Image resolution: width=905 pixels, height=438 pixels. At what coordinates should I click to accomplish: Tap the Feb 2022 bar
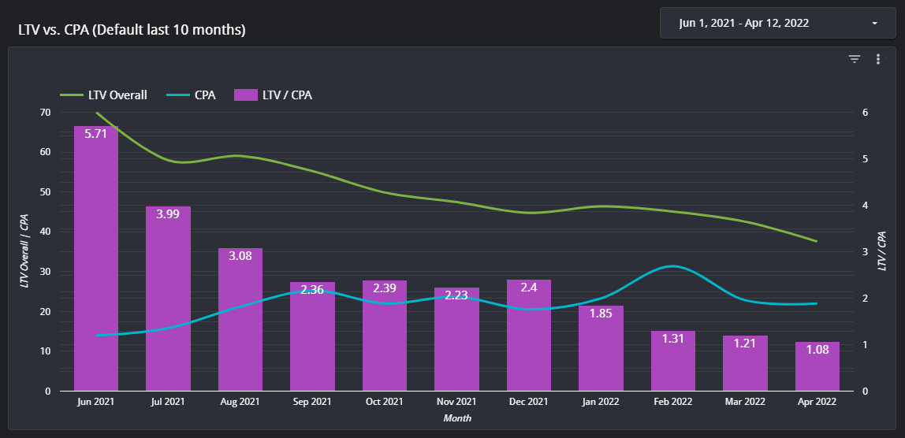(672, 362)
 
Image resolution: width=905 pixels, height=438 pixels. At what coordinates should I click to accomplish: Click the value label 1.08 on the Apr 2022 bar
(817, 349)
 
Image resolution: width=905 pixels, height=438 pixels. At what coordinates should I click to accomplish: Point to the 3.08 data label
(240, 255)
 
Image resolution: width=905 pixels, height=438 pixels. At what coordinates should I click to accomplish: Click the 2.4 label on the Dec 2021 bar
(528, 288)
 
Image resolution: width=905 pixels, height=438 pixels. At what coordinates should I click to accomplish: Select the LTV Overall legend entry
(104, 95)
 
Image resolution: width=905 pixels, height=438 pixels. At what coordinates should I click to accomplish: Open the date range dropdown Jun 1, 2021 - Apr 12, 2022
(777, 24)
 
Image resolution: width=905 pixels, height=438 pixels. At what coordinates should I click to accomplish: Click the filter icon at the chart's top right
(854, 59)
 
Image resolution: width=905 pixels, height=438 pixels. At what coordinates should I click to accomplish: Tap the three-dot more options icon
(877, 59)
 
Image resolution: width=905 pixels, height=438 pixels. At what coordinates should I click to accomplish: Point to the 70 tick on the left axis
(44, 113)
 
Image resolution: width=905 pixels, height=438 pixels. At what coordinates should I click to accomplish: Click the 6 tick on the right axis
(865, 113)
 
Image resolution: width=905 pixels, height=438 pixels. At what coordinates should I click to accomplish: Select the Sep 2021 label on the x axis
(312, 402)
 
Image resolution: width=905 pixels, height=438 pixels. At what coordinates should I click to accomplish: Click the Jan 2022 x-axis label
(600, 402)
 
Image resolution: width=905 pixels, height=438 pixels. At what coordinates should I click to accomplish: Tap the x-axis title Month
(456, 418)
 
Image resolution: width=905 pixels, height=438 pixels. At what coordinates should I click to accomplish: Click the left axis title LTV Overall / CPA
(25, 251)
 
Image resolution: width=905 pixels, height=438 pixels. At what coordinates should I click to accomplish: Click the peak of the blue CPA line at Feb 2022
(672, 266)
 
